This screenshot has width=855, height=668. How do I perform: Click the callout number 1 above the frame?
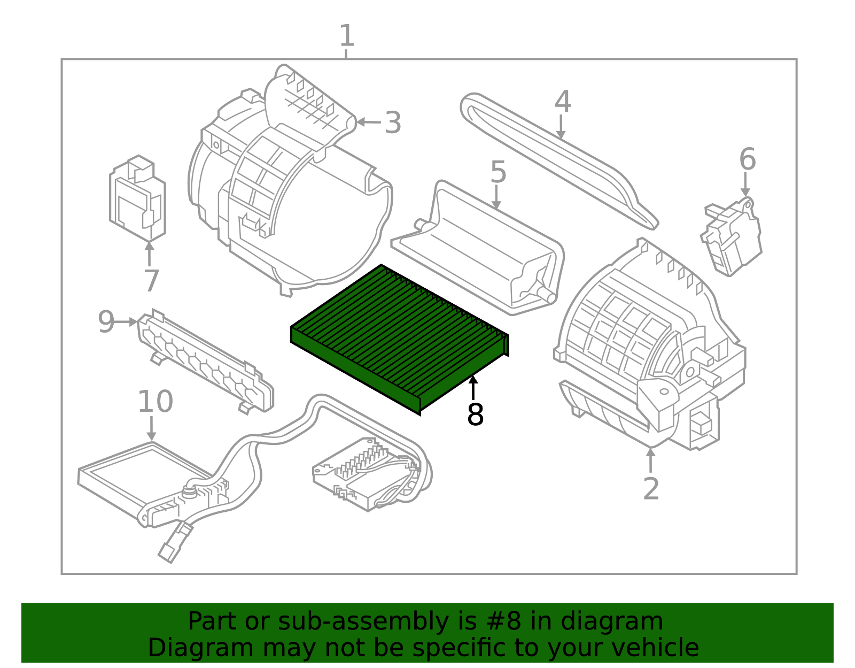(x=347, y=36)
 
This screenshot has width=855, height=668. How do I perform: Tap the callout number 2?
(x=651, y=488)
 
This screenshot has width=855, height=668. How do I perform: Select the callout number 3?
(x=393, y=123)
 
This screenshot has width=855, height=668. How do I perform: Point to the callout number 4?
(x=562, y=102)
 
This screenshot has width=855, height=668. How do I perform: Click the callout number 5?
(x=498, y=172)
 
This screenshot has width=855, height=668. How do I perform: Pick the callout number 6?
(x=747, y=159)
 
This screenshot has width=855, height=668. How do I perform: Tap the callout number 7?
(x=151, y=280)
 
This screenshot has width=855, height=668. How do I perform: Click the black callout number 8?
(x=475, y=414)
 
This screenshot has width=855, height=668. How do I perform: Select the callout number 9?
(x=106, y=322)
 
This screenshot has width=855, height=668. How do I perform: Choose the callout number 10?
(x=155, y=402)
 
